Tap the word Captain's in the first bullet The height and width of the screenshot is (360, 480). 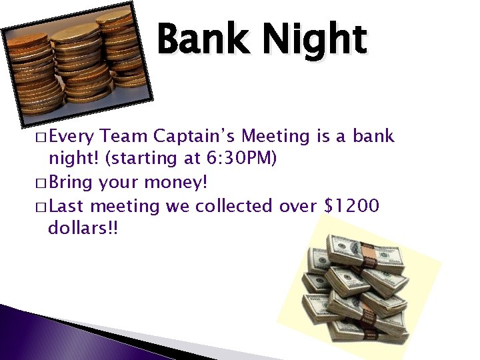click(x=194, y=137)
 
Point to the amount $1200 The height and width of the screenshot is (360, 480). click(x=351, y=206)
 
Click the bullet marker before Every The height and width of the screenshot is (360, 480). click(x=39, y=138)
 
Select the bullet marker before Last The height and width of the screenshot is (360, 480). click(x=39, y=207)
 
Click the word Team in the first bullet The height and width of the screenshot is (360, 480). click(x=125, y=137)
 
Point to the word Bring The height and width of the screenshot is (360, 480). click(x=73, y=183)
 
